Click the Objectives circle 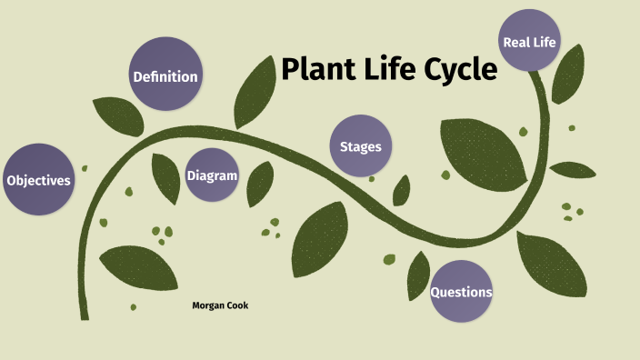[x=37, y=180]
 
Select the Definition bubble [x=165, y=76]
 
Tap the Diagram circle [x=212, y=175]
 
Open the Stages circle [x=361, y=146]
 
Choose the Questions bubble [x=461, y=292]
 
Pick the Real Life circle [x=529, y=41]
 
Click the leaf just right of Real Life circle [x=569, y=73]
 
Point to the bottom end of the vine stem [x=85, y=316]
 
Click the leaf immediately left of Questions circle [x=419, y=273]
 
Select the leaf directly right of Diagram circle [x=260, y=182]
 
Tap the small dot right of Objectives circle [x=85, y=168]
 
